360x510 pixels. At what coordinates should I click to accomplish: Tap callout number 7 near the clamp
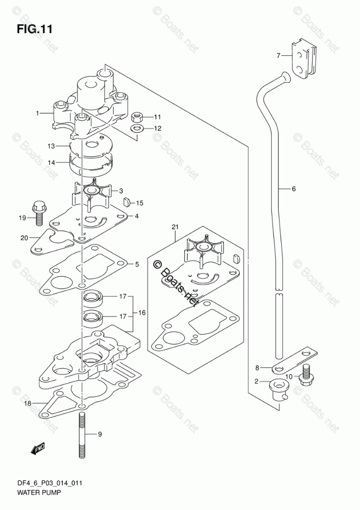click(277, 55)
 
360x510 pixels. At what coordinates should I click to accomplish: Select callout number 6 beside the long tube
click(293, 189)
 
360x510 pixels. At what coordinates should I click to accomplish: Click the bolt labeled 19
click(38, 212)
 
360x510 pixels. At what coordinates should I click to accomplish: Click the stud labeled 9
click(83, 436)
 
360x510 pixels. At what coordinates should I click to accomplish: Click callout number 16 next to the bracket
click(142, 313)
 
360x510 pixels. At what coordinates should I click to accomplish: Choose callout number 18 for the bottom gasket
click(27, 403)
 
